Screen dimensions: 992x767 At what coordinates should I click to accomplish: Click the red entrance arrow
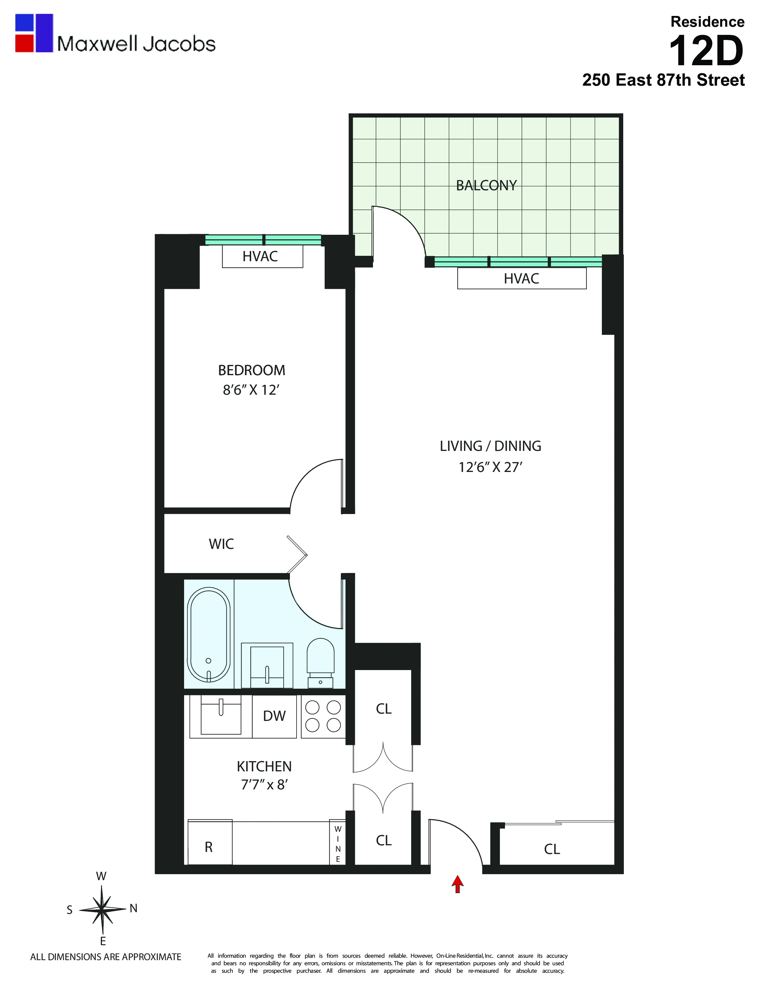(x=457, y=884)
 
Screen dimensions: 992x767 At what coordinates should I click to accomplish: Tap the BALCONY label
(x=486, y=185)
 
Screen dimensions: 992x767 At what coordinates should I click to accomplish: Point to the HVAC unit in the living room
(x=522, y=278)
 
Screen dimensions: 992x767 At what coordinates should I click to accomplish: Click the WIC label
(x=221, y=544)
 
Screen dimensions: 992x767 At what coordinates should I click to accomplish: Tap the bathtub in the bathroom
(x=208, y=635)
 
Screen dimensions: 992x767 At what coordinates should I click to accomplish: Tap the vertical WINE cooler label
(x=337, y=844)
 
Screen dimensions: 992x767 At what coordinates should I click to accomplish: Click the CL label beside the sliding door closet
(x=552, y=849)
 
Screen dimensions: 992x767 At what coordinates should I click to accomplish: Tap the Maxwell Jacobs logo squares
(x=34, y=33)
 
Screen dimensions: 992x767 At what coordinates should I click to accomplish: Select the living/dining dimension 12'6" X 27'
(x=490, y=467)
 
